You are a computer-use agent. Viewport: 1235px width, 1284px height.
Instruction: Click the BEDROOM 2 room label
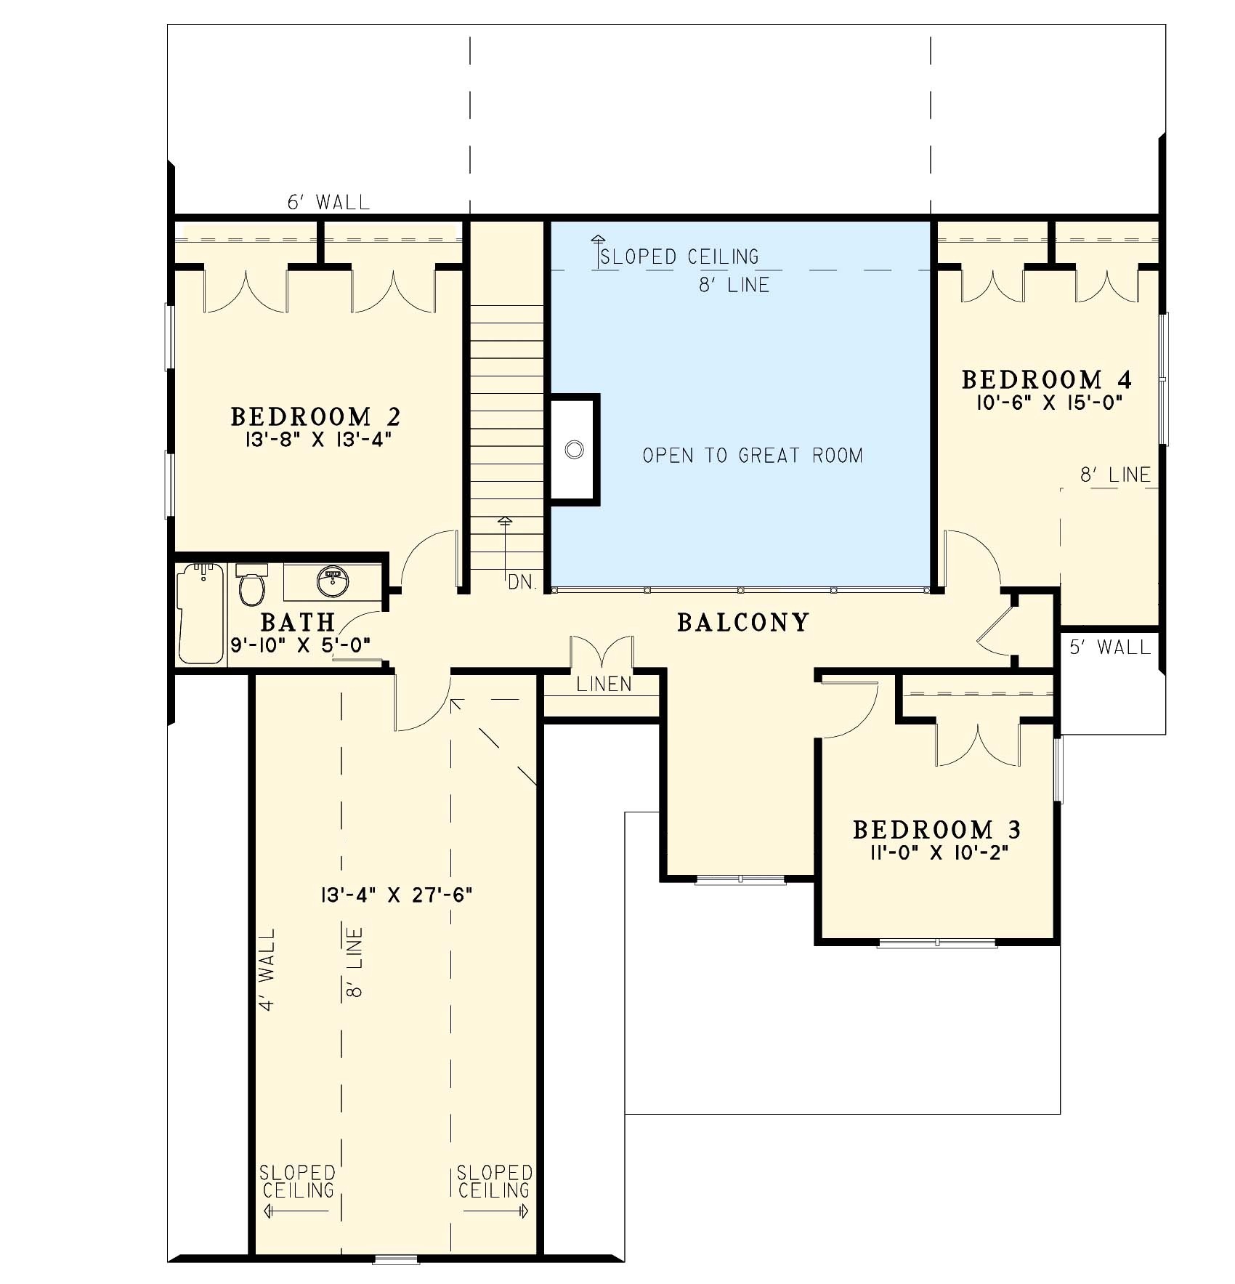click(315, 417)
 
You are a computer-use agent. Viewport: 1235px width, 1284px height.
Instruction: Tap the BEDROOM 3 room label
click(936, 830)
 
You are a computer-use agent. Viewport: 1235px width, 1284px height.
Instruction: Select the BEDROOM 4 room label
click(1046, 379)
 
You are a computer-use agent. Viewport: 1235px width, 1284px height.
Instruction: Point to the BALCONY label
click(742, 623)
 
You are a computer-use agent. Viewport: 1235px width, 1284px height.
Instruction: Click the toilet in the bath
click(251, 585)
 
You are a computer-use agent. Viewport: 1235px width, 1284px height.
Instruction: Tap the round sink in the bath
click(333, 581)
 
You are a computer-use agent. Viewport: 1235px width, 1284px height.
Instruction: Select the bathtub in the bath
click(201, 614)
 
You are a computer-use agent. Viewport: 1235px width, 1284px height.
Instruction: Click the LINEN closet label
click(604, 684)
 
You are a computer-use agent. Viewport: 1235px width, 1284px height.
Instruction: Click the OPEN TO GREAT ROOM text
click(753, 456)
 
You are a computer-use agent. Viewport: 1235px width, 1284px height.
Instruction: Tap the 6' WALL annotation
click(328, 202)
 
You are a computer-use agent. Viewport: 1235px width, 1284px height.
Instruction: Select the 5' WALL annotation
click(1110, 647)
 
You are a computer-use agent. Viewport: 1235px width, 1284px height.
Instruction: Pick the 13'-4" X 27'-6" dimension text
click(396, 895)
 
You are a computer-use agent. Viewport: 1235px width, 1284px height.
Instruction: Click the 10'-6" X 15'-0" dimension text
click(1050, 403)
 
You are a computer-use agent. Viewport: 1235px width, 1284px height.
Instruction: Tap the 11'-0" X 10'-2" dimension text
click(936, 852)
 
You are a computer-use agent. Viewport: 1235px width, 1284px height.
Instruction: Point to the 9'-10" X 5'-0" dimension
click(301, 645)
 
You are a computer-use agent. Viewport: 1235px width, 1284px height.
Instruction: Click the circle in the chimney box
click(574, 450)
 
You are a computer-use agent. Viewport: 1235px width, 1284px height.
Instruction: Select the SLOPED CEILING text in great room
click(680, 257)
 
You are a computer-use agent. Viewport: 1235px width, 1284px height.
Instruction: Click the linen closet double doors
click(602, 652)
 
